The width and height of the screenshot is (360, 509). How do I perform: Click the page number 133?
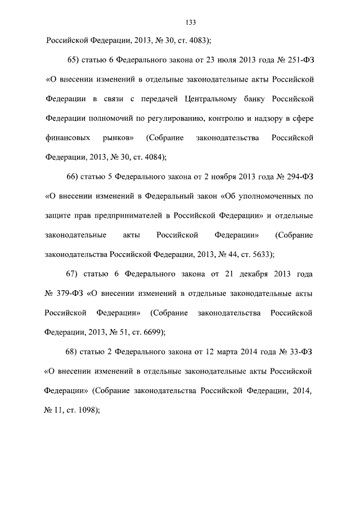coord(190,22)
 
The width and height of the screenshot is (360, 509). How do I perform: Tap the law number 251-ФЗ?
coord(298,60)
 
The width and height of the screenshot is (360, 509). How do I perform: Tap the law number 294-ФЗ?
coord(298,177)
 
